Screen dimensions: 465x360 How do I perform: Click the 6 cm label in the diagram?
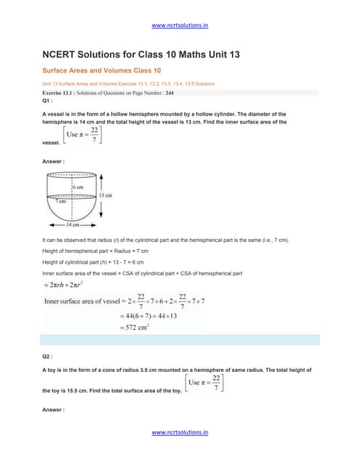[79, 187]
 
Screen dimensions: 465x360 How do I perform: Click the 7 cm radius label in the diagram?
[56, 201]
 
